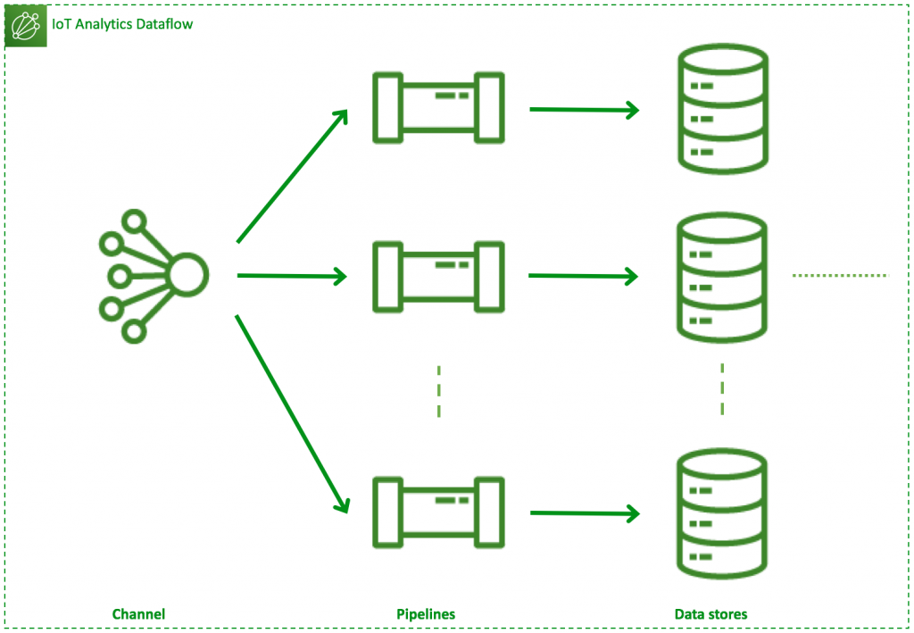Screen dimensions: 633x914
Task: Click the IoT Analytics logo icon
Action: click(26, 26)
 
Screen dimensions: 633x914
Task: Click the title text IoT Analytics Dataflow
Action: click(122, 24)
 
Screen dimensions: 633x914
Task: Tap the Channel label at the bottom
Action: click(138, 614)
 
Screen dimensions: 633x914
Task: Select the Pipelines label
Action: click(426, 614)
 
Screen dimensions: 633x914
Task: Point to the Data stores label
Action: click(710, 614)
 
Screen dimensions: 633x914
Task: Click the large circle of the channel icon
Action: click(187, 275)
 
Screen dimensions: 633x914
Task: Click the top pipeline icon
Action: click(438, 107)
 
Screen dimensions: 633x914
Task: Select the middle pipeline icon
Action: click(438, 276)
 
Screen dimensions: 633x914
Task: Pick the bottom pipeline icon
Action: click(438, 512)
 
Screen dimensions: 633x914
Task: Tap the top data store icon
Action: click(722, 107)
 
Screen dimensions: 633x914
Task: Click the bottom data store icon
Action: click(722, 512)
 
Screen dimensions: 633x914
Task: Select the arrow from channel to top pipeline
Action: click(292, 176)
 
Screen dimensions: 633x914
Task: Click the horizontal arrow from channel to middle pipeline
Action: click(291, 277)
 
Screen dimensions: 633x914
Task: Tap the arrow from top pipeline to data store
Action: click(585, 110)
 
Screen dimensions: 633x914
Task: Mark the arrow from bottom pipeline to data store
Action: click(585, 513)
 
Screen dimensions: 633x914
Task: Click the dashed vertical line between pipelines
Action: click(438, 391)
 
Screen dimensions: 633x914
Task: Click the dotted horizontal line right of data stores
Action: click(840, 275)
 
